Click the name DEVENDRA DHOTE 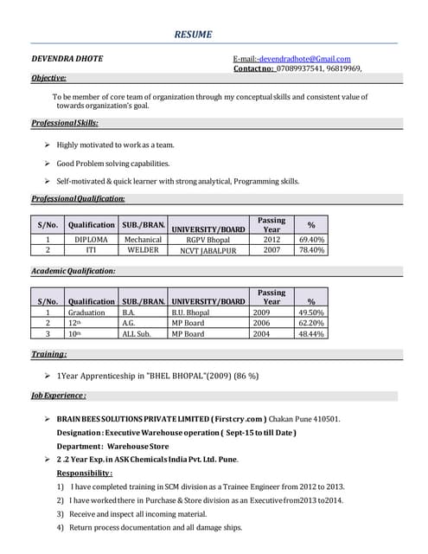tap(67, 59)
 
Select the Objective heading tap(49, 78)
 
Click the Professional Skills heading tap(65, 124)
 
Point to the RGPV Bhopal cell tap(208, 239)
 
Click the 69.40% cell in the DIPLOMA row tap(311, 239)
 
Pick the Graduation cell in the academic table tap(86, 312)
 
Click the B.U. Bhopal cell tap(190, 312)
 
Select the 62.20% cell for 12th tap(311, 323)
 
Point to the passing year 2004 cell tap(262, 333)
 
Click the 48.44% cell tap(311, 333)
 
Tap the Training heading tap(49, 355)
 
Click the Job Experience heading tap(58, 396)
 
